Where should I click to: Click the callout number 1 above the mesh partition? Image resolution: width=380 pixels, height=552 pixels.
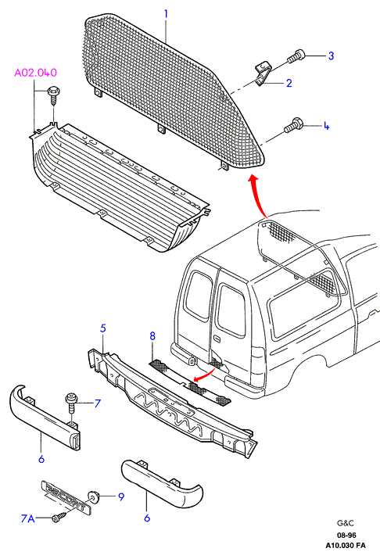click(166, 14)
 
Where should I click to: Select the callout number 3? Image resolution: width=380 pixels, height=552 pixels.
click(331, 56)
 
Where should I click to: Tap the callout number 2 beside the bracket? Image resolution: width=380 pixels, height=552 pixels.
click(289, 83)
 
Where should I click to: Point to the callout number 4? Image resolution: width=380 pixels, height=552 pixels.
click(326, 126)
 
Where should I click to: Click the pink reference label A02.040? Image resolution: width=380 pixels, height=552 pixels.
click(35, 73)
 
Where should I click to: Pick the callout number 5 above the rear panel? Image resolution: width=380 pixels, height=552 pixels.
click(102, 328)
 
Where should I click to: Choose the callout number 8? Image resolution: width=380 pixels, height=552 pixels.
click(152, 336)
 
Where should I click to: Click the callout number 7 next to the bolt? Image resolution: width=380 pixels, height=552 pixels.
click(98, 403)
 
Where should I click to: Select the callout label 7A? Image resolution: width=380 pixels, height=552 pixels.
click(28, 518)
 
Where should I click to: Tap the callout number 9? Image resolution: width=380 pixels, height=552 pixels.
click(120, 496)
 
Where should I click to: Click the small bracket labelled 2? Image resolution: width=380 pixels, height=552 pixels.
click(262, 74)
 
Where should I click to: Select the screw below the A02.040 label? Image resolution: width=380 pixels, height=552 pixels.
click(53, 95)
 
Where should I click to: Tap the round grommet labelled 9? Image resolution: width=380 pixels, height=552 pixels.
click(93, 496)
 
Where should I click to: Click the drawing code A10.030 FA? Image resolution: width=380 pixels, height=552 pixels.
click(345, 546)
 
